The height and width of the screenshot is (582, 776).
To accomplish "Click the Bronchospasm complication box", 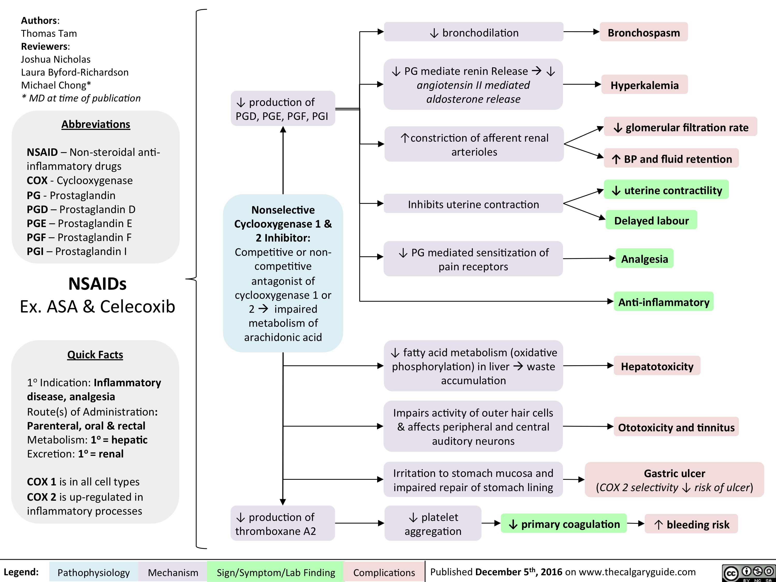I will click(643, 32).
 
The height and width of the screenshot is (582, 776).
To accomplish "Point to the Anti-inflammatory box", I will click(663, 302).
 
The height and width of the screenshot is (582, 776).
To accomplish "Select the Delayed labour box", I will click(651, 220).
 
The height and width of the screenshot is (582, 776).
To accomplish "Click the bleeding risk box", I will click(691, 524).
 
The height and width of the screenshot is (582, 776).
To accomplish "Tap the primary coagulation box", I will click(564, 524).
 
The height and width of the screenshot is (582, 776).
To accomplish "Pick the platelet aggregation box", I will click(433, 523).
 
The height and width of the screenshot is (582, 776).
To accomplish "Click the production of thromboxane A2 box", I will click(283, 523).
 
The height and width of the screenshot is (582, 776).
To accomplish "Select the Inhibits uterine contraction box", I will click(473, 204).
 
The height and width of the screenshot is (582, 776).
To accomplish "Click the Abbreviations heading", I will click(96, 124).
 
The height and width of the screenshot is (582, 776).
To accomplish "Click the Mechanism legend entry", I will click(173, 572).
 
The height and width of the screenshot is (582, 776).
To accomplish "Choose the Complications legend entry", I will click(384, 572).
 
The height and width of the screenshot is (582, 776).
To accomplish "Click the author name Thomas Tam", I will click(49, 33).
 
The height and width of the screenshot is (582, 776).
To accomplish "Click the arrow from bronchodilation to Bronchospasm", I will click(581, 32).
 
